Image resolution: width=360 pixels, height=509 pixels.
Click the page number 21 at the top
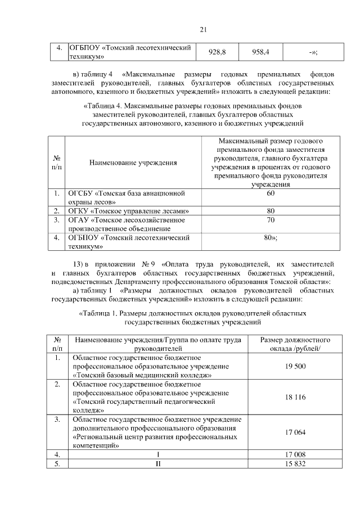click(204, 30)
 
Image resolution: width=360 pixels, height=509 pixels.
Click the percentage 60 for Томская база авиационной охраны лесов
click(271, 193)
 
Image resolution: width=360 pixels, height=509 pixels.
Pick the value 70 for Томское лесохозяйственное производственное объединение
click(271, 220)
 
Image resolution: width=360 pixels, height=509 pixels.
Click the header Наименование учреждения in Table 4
click(133, 163)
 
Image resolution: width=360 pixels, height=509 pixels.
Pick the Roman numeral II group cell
click(158, 463)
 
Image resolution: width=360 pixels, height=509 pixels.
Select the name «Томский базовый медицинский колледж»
click(142, 375)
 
